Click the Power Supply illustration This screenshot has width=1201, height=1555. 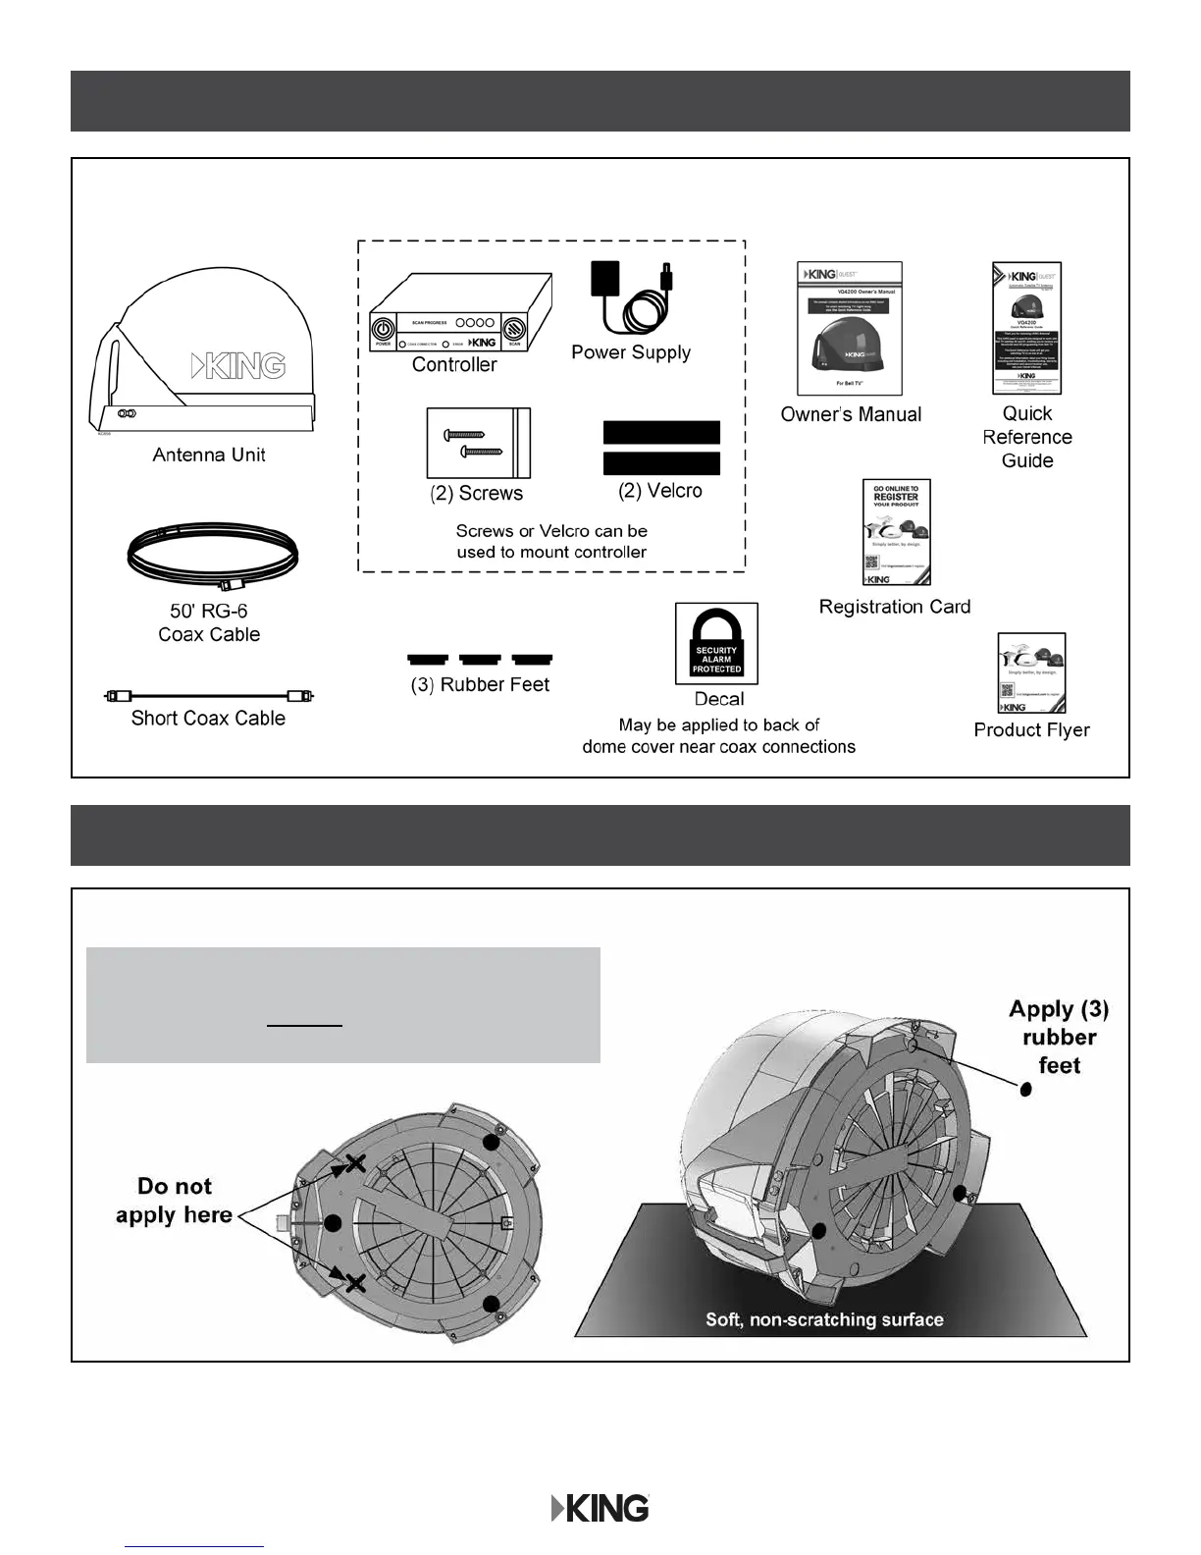630,298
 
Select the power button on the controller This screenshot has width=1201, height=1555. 383,327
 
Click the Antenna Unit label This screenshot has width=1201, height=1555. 209,455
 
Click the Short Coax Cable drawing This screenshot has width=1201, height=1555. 209,696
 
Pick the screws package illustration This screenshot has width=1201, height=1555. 478,443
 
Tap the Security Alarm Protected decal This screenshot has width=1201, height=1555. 716,644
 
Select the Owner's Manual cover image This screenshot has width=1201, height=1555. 849,328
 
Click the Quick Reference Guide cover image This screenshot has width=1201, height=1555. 1026,328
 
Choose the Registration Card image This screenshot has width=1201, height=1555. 896,532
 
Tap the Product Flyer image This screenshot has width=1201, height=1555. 1030,672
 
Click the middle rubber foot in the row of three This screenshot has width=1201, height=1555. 480,659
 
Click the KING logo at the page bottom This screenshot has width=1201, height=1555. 600,1508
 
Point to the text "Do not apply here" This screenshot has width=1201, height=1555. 174,1201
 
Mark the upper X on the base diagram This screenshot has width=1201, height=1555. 354,1164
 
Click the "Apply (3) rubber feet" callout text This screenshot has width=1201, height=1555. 1059,1037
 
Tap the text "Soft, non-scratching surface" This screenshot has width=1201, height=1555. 824,1319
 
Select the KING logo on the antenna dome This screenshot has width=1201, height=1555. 237,365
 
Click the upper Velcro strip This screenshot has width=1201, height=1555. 660,432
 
